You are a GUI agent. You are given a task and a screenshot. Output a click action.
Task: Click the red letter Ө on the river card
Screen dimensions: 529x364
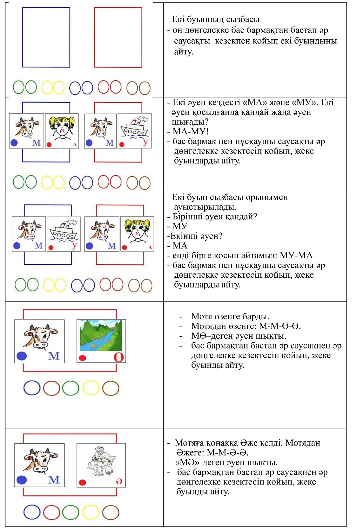118,357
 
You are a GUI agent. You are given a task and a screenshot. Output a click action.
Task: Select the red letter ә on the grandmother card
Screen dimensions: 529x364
119,481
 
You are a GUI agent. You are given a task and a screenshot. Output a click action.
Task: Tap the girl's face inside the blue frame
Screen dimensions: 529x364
64,128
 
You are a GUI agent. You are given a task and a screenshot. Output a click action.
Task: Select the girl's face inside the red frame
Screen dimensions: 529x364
137,231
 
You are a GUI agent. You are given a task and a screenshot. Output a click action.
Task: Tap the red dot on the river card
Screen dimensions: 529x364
82,358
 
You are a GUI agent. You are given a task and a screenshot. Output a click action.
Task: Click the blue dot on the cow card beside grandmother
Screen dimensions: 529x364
22,480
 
